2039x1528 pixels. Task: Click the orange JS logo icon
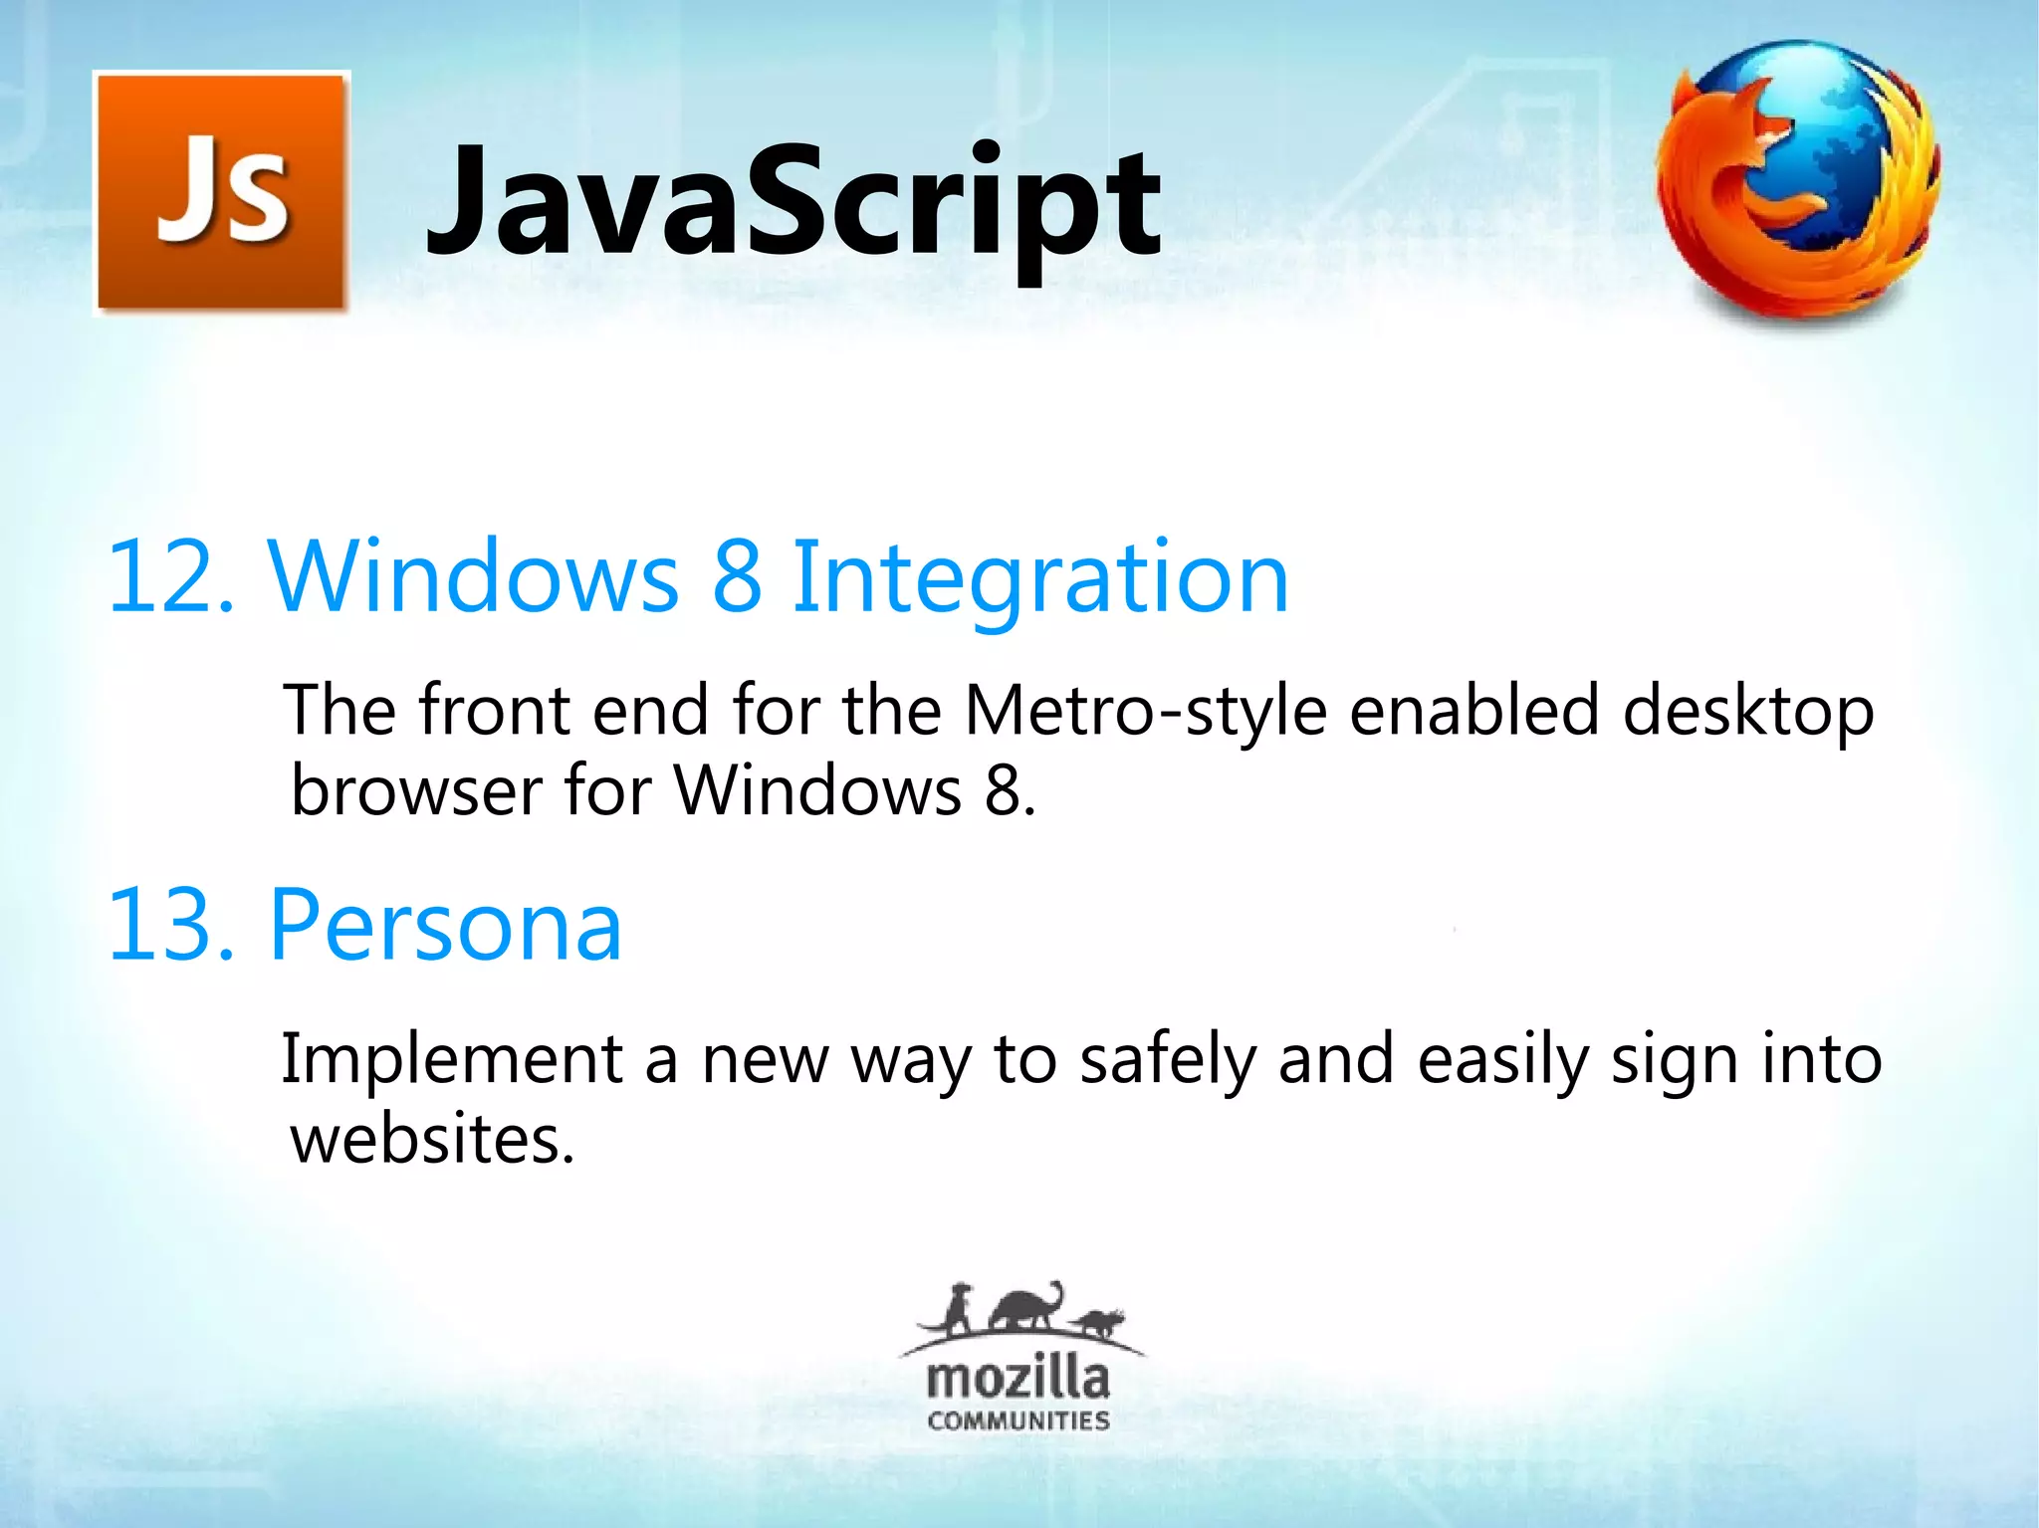pos(222,192)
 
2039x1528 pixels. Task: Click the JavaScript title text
pos(793,202)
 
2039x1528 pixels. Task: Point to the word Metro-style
pos(1145,713)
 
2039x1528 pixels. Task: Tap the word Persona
pos(445,927)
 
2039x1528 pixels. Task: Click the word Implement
pos(451,1059)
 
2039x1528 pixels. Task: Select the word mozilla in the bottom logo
pos(1018,1379)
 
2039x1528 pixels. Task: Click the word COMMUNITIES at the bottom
pos(1018,1420)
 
